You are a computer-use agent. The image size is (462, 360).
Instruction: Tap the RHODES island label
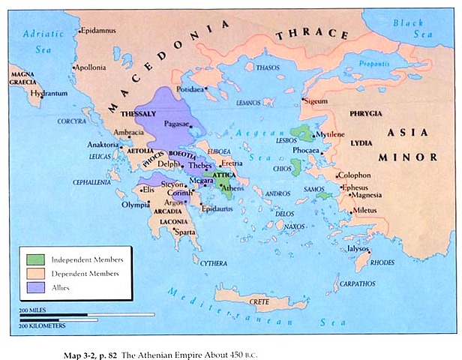tap(382, 262)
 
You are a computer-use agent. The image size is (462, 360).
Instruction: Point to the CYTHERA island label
tap(214, 262)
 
